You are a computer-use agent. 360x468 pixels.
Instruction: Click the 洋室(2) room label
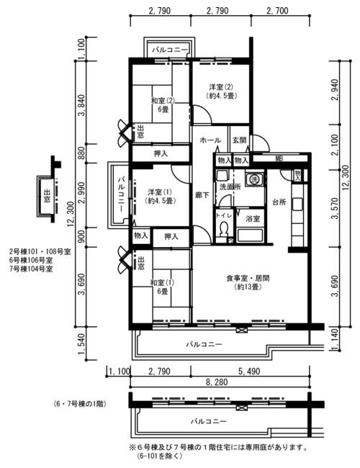click(x=221, y=87)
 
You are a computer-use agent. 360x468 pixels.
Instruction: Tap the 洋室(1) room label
click(x=160, y=192)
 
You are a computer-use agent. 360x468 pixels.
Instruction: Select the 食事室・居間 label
click(x=248, y=279)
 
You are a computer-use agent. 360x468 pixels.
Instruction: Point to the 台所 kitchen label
click(x=279, y=202)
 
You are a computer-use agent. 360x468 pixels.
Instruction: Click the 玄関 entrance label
click(x=240, y=140)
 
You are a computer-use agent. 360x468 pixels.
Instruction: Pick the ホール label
click(x=210, y=140)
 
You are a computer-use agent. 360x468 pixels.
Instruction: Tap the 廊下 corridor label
click(x=202, y=196)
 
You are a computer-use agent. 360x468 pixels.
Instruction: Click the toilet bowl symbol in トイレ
click(x=222, y=230)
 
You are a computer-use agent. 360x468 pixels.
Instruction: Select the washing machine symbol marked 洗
click(x=254, y=179)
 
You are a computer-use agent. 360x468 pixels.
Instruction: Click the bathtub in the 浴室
click(x=250, y=235)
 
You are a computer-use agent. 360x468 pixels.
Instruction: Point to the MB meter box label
click(x=279, y=158)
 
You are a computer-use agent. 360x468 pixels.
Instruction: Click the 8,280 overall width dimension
click(x=217, y=382)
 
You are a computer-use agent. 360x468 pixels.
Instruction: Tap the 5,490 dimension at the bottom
click(x=249, y=371)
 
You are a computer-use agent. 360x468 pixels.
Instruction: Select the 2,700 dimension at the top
click(x=278, y=11)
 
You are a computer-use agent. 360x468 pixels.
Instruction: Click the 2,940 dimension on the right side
click(x=336, y=90)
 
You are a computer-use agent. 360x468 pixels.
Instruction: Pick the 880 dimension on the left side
click(x=81, y=153)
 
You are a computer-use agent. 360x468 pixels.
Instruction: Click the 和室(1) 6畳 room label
click(x=162, y=287)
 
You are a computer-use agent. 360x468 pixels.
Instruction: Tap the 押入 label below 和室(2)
click(x=161, y=153)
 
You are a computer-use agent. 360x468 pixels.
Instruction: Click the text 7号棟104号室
click(x=31, y=269)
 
